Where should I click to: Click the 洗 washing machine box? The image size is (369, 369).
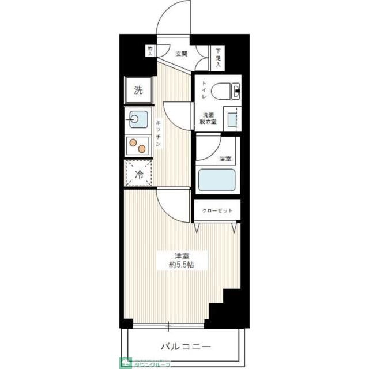[138, 90]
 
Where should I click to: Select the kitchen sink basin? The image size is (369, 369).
[138, 119]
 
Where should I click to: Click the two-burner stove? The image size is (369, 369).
[138, 146]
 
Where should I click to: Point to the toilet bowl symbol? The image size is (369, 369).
[225, 91]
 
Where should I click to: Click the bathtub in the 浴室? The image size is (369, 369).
[216, 180]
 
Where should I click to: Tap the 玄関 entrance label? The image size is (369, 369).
[181, 54]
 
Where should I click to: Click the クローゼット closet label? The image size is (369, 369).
[217, 211]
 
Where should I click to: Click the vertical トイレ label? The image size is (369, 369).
[204, 91]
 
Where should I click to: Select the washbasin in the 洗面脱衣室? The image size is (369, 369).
[232, 119]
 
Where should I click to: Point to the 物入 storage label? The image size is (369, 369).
[150, 51]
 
